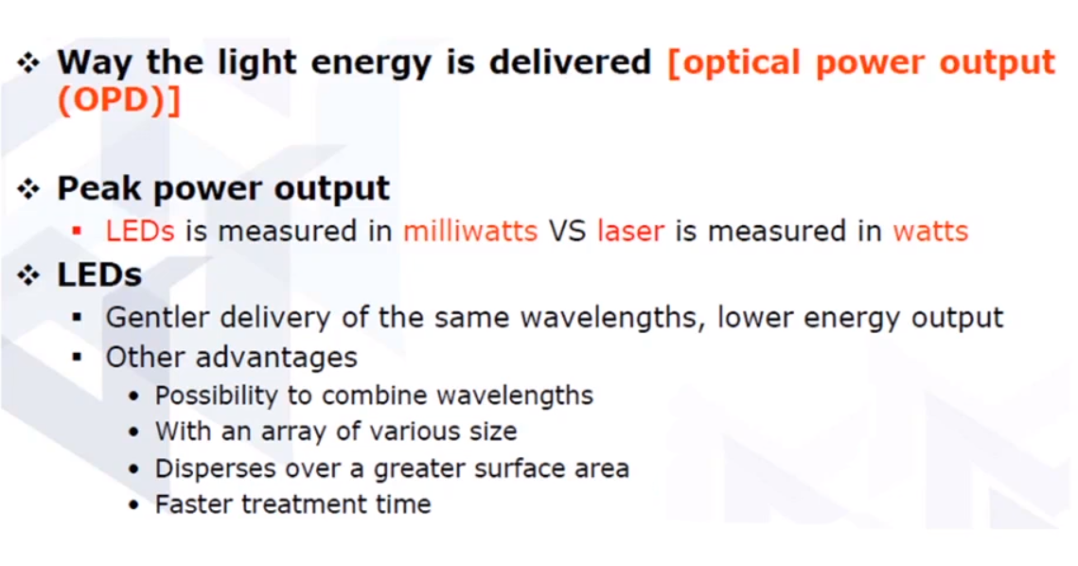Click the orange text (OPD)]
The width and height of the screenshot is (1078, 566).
[119, 100]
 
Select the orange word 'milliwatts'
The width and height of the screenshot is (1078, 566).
[470, 231]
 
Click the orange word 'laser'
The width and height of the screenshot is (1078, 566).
[631, 231]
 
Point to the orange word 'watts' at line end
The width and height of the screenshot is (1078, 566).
[930, 231]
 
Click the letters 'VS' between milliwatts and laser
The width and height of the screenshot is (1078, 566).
[568, 231]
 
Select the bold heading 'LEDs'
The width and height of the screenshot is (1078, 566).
[99, 275]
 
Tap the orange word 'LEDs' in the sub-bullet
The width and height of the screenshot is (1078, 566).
[140, 231]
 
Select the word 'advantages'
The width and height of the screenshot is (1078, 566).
[276, 358]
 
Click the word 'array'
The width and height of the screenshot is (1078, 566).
[298, 432]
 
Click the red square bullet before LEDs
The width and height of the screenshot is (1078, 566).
[77, 231]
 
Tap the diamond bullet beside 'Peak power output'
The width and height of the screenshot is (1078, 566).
[29, 188]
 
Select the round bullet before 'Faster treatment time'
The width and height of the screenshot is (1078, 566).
[134, 505]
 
